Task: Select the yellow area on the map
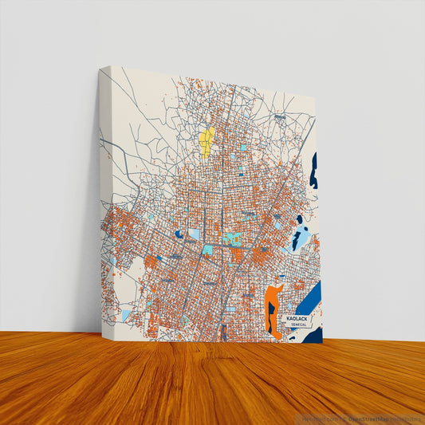[207, 141]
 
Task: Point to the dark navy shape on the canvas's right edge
[313, 171]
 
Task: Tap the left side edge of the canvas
[103, 199]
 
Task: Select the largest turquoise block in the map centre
[231, 238]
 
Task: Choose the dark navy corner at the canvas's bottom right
[315, 335]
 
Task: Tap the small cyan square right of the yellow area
[243, 148]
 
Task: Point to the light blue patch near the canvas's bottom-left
[126, 316]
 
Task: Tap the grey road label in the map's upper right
[280, 117]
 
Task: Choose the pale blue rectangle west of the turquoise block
[194, 234]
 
